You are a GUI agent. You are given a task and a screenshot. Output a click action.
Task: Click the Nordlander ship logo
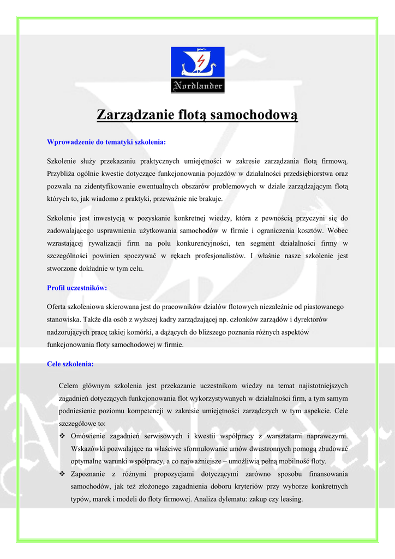tap(197, 70)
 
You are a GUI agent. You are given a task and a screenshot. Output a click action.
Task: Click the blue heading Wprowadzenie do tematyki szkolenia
tap(106, 142)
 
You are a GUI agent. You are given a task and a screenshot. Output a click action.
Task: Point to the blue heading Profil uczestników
tap(77, 287)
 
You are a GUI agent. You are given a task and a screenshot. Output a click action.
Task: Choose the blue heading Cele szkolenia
tap(70, 364)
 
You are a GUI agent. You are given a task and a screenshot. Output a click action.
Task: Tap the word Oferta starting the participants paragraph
tap(57, 307)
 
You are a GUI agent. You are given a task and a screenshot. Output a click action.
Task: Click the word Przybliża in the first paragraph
tap(62, 174)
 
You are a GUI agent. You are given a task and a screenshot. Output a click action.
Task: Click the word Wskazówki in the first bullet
tap(88, 449)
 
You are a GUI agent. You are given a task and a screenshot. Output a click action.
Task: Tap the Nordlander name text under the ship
tap(197, 86)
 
